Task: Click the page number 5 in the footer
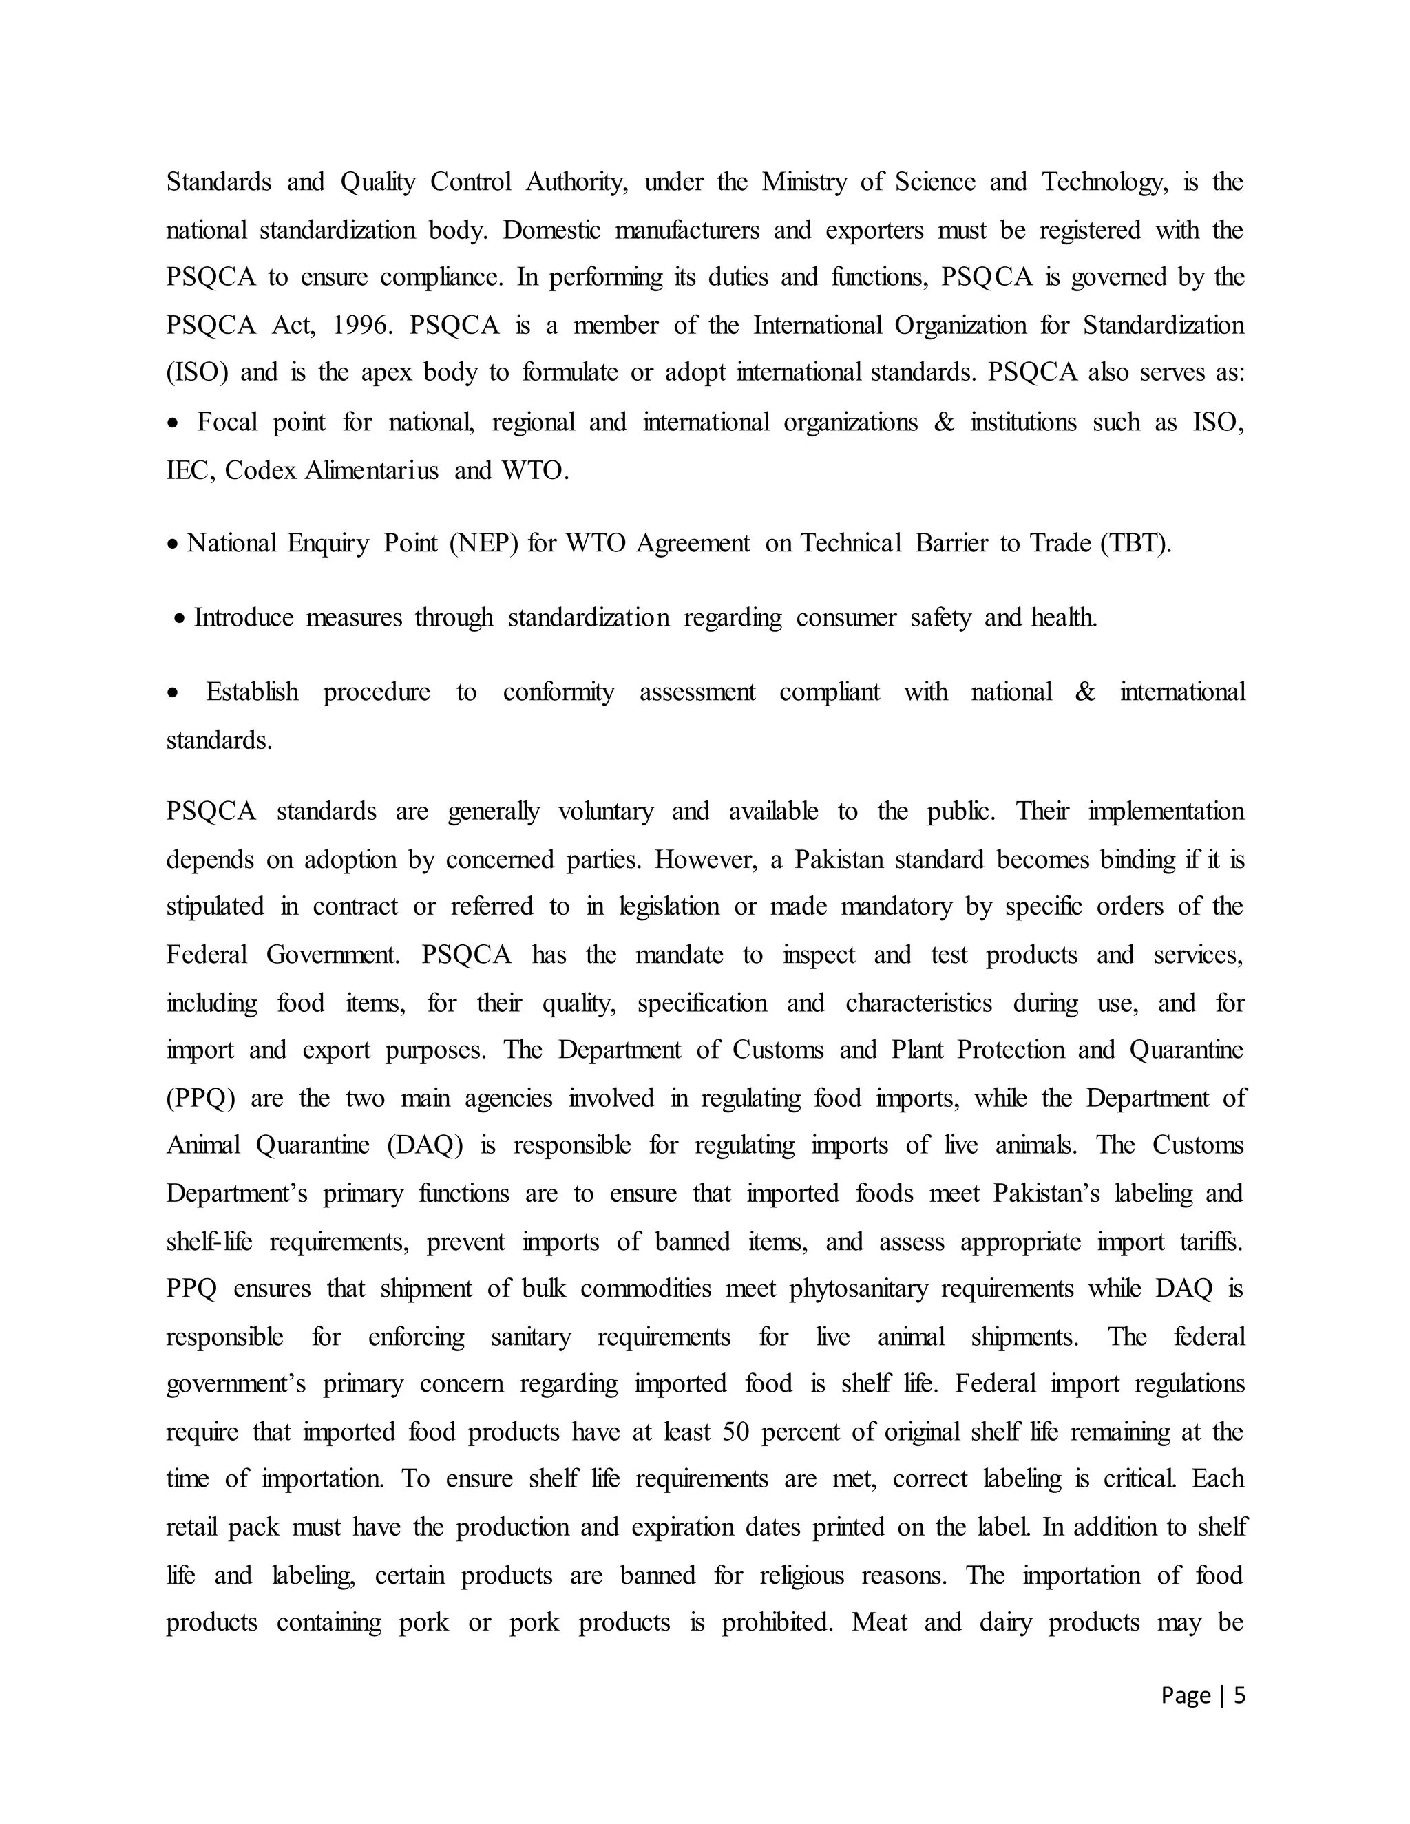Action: [x=1239, y=1695]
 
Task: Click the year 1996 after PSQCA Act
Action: [x=360, y=325]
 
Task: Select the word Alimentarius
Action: [x=371, y=471]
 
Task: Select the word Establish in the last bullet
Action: [x=251, y=692]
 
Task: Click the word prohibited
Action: [x=777, y=1623]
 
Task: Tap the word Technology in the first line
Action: [x=1104, y=182]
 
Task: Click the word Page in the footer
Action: [x=1186, y=1695]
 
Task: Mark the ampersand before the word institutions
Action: [x=944, y=423]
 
